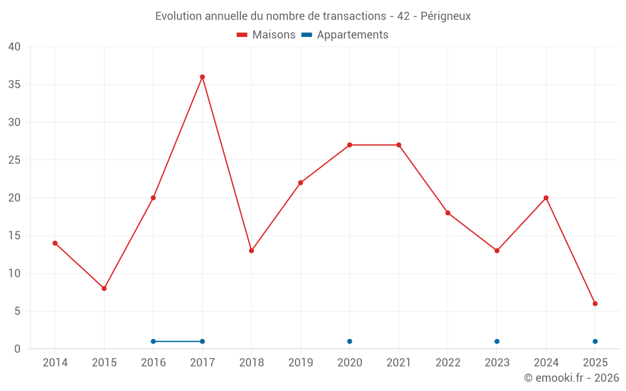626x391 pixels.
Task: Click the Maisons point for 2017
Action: (x=202, y=77)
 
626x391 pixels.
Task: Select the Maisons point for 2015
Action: (x=104, y=288)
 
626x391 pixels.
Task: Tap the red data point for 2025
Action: (x=595, y=303)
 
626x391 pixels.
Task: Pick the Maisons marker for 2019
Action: (x=300, y=183)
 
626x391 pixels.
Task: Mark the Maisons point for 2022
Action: (x=448, y=213)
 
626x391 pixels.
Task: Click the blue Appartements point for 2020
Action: (x=349, y=342)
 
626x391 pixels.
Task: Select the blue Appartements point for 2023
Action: (x=497, y=342)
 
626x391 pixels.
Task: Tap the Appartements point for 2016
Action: (x=153, y=342)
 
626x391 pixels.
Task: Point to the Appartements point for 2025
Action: (x=595, y=342)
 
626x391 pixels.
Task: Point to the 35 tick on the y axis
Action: (x=14, y=84)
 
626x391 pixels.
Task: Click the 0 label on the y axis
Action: (x=18, y=349)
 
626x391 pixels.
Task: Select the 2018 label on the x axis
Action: (x=251, y=363)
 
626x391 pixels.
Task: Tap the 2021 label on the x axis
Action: (x=399, y=363)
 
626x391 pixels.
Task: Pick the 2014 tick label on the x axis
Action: (x=55, y=363)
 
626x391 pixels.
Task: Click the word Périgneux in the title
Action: (x=446, y=16)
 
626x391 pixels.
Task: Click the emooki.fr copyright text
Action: (x=572, y=378)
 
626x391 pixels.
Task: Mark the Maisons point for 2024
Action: (x=546, y=198)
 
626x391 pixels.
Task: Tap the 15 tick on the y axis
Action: (x=14, y=236)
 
